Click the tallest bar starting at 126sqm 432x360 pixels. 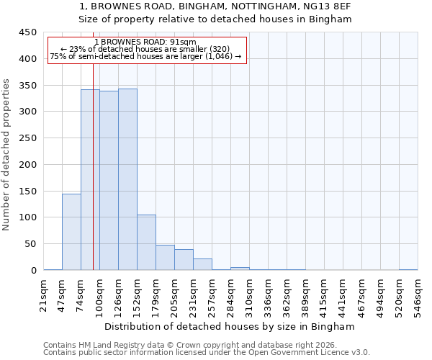[x=127, y=179]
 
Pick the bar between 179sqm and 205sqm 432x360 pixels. [x=165, y=257]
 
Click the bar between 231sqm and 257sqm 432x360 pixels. [x=202, y=264]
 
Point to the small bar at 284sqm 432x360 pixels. [x=240, y=269]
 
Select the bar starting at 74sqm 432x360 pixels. [x=90, y=179]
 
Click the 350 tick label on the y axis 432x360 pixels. [x=28, y=85]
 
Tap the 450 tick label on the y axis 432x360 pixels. [x=28, y=32]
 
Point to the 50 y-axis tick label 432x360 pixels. [x=31, y=244]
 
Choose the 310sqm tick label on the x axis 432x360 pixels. [x=249, y=296]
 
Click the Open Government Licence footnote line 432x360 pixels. [x=207, y=352]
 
